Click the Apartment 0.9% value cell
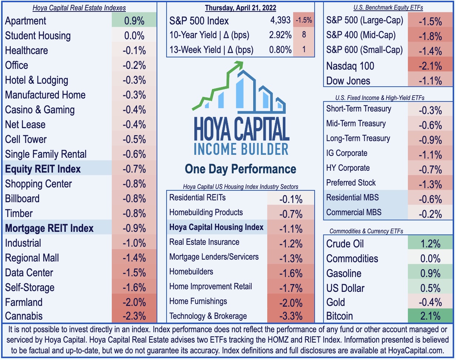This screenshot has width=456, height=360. tap(134, 21)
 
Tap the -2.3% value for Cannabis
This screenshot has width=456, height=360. tap(134, 316)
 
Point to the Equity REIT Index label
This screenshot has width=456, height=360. tap(43, 169)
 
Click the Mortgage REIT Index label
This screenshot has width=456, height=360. tap(49, 228)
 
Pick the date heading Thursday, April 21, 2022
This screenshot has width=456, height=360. tap(241, 7)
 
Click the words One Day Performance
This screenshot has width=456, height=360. tap(241, 169)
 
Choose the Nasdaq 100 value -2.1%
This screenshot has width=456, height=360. tap(430, 66)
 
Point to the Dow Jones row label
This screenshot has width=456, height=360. tap(348, 81)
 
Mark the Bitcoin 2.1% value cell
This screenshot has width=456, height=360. tap(430, 316)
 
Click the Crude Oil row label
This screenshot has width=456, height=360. tap(345, 244)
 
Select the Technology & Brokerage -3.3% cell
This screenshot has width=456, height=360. tap(291, 316)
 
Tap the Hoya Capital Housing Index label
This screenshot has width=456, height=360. tap(216, 227)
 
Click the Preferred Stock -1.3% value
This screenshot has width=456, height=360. tap(430, 184)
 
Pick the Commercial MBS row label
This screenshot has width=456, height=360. tap(353, 213)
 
